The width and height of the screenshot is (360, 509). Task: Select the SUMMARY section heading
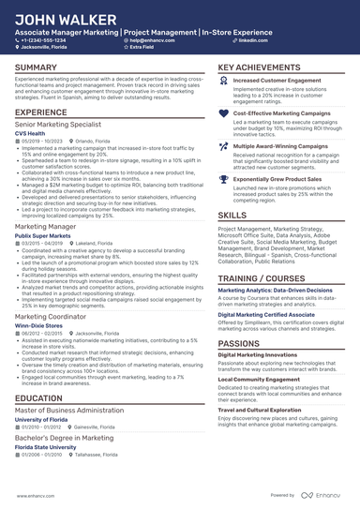tap(36, 68)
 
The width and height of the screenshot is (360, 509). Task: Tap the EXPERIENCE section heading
tap(41, 112)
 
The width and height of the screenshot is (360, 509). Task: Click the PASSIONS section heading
tap(241, 343)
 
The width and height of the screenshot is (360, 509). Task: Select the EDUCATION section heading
tap(39, 398)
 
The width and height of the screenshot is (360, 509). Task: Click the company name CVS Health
tap(30, 134)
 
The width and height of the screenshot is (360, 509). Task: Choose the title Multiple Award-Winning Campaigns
tap(280, 147)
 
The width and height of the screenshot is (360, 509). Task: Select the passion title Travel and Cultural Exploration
tap(264, 411)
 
